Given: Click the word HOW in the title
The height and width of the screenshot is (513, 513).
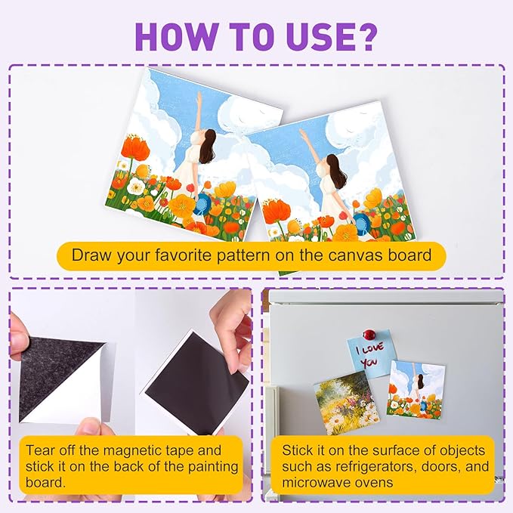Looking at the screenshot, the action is coord(176,36).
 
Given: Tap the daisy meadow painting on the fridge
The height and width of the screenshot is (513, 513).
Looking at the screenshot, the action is coord(347,403).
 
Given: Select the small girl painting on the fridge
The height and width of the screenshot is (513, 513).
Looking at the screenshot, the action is coord(416,389).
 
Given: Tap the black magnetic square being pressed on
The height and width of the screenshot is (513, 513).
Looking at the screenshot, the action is coord(197,382).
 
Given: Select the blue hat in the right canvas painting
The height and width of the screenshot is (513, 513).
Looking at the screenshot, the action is coord(362,222).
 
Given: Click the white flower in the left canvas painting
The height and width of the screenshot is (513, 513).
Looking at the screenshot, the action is coord(135,187).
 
